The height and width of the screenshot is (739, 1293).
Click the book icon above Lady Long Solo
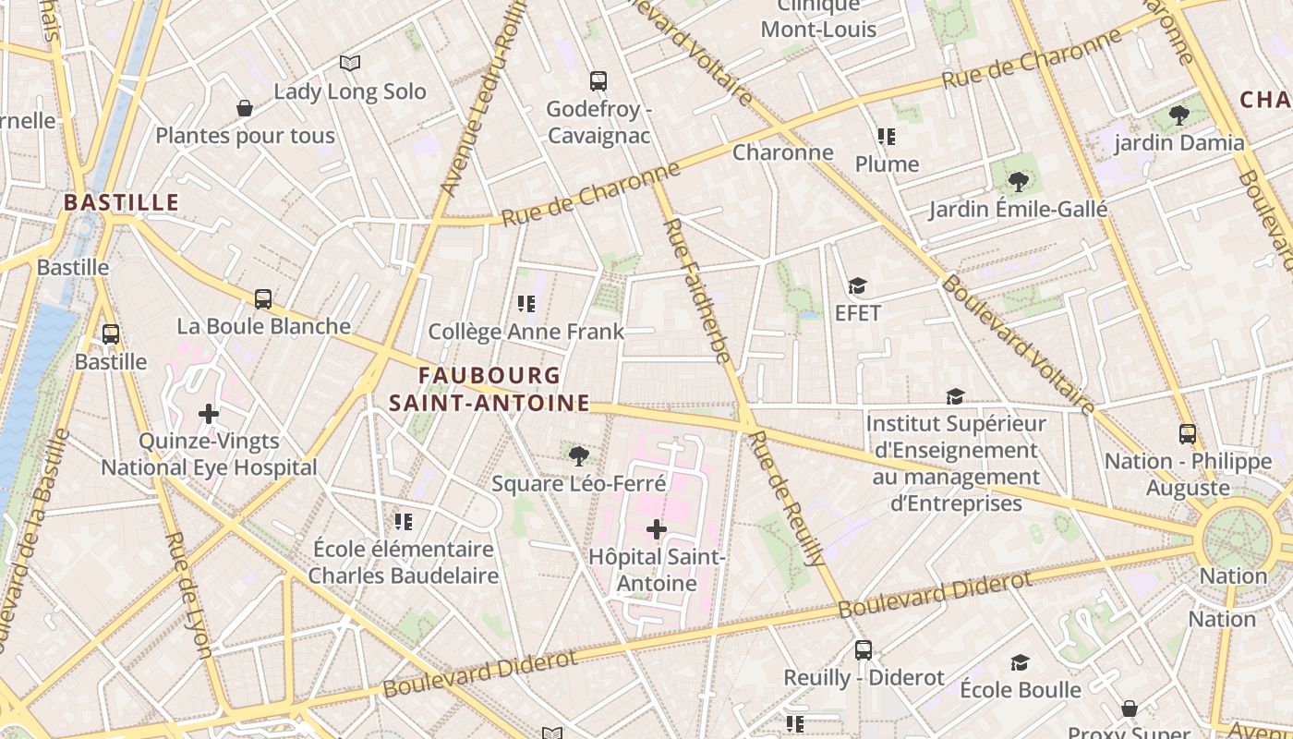click(349, 63)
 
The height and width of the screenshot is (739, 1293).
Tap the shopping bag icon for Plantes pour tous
click(245, 109)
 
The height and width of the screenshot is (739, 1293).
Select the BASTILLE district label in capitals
click(121, 202)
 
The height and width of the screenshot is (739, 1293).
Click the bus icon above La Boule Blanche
click(263, 298)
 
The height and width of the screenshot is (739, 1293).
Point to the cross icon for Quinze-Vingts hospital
click(209, 413)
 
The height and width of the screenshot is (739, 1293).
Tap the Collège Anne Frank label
click(526, 332)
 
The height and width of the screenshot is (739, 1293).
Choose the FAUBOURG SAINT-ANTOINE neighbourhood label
click(489, 389)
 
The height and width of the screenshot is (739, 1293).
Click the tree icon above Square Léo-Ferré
click(578, 455)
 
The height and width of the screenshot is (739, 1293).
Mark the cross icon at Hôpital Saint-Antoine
click(657, 529)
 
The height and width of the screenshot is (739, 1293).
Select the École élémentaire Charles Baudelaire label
click(403, 562)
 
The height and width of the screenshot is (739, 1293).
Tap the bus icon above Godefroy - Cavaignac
click(598, 81)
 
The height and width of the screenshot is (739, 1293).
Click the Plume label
click(887, 164)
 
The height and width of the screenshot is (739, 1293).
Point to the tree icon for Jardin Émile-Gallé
click(1018, 182)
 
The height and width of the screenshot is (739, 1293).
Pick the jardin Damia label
click(1179, 143)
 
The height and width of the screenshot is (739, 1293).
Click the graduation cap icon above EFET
click(858, 285)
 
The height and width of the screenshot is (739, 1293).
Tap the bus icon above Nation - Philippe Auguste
click(1188, 433)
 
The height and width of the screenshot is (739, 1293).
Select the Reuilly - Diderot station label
click(864, 677)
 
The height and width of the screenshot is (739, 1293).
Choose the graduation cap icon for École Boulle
click(1020, 662)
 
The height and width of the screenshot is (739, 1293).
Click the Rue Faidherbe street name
click(697, 290)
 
